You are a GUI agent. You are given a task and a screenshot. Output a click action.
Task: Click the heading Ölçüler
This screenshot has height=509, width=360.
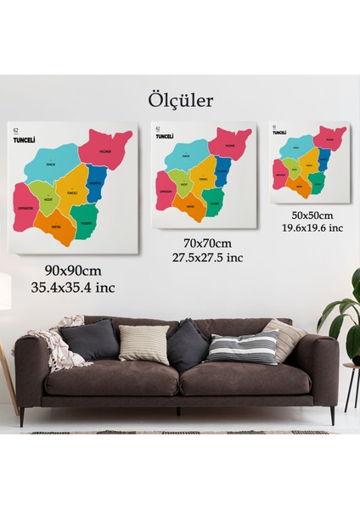point(180,100)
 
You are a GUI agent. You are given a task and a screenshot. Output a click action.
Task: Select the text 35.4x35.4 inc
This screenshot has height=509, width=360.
point(74,287)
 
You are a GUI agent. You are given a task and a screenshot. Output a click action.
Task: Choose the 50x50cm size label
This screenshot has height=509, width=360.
point(312,215)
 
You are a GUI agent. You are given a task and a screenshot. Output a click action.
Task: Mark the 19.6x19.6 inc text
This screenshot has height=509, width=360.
point(312,227)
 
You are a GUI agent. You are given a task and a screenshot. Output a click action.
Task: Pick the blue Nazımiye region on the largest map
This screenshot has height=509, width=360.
point(96,182)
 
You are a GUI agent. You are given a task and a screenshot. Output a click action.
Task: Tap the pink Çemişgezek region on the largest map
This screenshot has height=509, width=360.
point(25,208)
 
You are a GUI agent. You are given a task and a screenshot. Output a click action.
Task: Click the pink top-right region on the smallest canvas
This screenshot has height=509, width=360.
point(329,137)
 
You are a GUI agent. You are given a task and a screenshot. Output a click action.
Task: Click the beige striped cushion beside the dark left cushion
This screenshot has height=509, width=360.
point(143,344)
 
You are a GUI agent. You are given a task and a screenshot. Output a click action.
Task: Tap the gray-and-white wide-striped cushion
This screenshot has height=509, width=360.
point(243,347)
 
